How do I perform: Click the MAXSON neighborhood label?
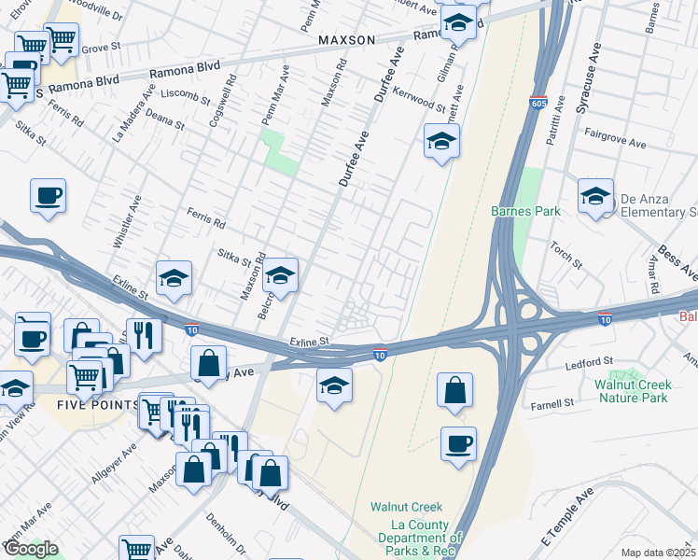(x=345, y=40)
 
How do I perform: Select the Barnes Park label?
(x=525, y=211)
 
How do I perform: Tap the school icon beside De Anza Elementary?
(x=594, y=196)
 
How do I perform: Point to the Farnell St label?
(x=553, y=403)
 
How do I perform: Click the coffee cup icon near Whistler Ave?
(x=48, y=195)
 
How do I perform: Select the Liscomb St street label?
(x=186, y=94)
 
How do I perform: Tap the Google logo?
(x=30, y=549)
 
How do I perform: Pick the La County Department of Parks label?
(x=420, y=538)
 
